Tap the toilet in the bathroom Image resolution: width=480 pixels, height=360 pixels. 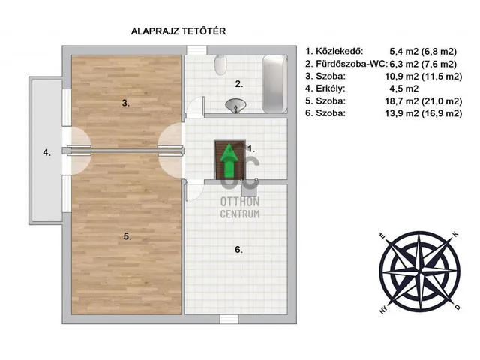tap(220, 65)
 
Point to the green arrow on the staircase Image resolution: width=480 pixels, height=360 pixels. tap(228, 161)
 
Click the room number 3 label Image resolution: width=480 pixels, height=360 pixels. tap(127, 103)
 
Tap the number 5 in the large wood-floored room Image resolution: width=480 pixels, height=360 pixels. tap(127, 235)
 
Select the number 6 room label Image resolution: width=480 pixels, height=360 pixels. tap(238, 250)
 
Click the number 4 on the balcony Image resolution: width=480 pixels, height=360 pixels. tap(46, 153)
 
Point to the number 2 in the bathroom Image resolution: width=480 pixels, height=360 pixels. tap(238, 83)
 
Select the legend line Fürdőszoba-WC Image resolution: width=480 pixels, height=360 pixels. tap(381, 64)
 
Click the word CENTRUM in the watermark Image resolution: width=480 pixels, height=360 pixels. tap(239, 214)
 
